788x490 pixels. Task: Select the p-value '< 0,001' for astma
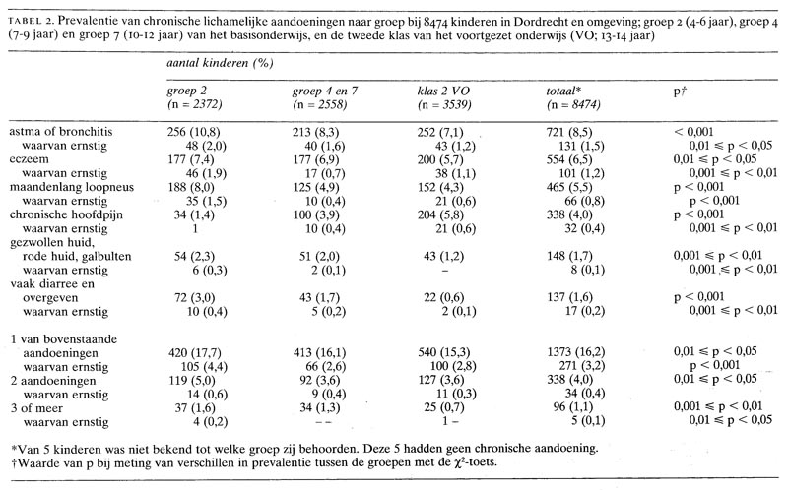[x=695, y=130]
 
